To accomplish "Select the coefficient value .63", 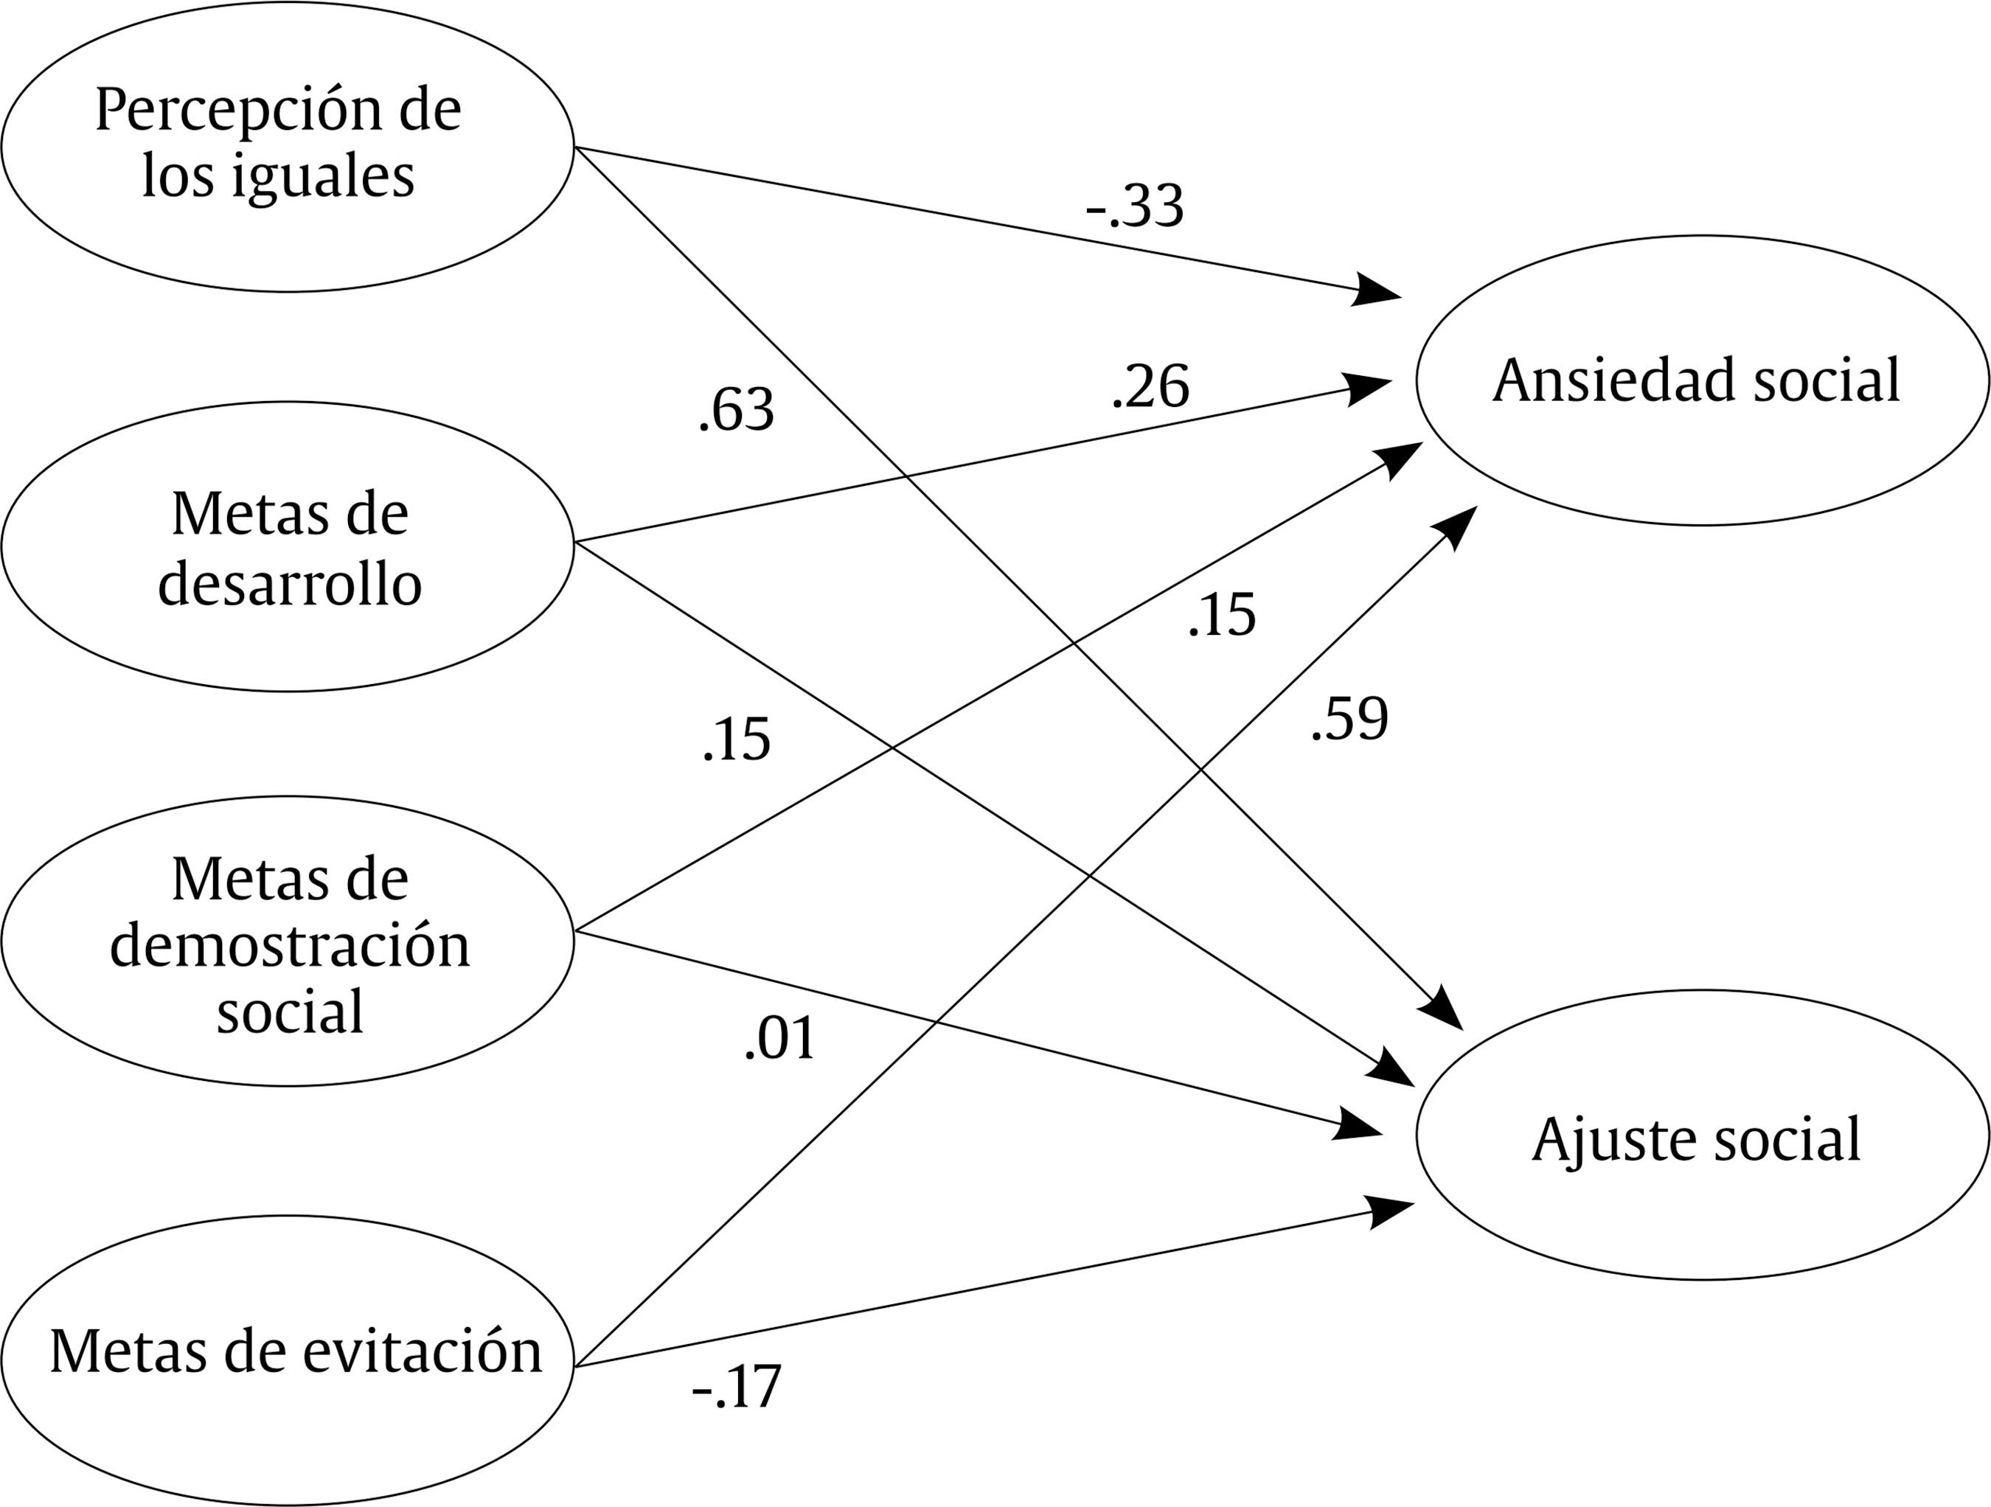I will click(736, 410).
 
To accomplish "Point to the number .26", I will click(1150, 387).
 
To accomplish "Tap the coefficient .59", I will click(1349, 719).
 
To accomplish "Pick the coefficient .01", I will click(780, 1038).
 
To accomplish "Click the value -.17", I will click(736, 1386).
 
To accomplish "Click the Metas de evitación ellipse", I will click(287, 1360).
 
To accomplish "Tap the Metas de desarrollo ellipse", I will click(287, 546).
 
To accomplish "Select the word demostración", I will click(290, 947).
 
